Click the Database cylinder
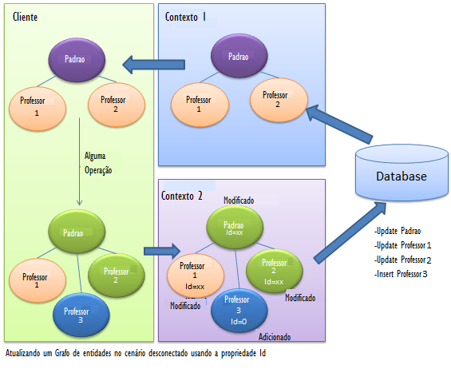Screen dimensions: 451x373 click(x=402, y=173)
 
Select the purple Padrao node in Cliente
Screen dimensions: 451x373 click(x=77, y=60)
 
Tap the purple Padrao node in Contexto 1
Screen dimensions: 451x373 click(x=239, y=56)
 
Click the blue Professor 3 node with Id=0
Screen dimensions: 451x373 click(x=239, y=311)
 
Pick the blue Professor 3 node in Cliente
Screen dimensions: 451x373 click(x=81, y=315)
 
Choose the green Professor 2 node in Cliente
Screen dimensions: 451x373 click(x=117, y=275)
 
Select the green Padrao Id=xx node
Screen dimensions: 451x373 click(x=235, y=228)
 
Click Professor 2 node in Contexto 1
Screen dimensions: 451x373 click(x=279, y=100)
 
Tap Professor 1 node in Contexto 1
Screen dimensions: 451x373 click(x=200, y=105)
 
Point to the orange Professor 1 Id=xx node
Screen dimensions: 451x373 click(x=196, y=276)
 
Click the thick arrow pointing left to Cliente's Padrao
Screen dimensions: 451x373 click(x=153, y=65)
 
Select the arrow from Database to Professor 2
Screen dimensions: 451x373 click(x=338, y=124)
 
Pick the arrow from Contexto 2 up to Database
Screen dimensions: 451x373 click(x=350, y=232)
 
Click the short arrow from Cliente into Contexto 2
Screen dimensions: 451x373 click(x=162, y=251)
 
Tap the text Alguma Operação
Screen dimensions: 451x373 click(x=98, y=163)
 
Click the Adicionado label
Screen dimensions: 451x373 click(x=275, y=337)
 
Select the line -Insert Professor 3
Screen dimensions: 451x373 click(x=401, y=274)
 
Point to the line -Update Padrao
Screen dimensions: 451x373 click(x=398, y=231)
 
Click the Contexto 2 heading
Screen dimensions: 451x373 click(x=181, y=196)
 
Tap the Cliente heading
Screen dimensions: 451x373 click(x=25, y=17)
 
